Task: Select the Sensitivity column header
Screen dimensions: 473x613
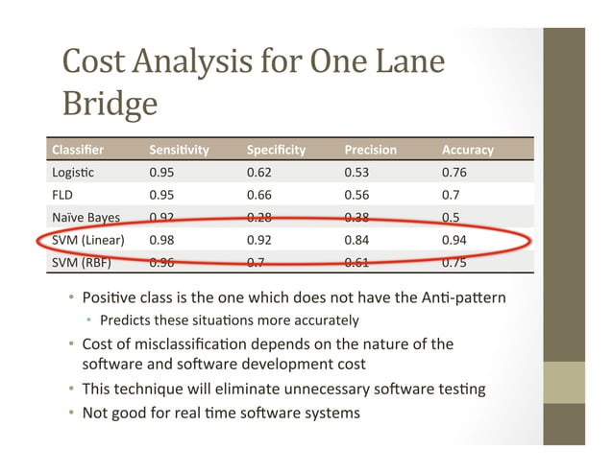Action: click(179, 150)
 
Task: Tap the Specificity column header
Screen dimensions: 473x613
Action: click(276, 150)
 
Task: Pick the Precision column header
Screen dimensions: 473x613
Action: click(370, 150)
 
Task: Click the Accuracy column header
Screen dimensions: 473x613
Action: click(467, 150)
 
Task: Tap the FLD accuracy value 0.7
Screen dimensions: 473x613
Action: click(451, 195)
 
